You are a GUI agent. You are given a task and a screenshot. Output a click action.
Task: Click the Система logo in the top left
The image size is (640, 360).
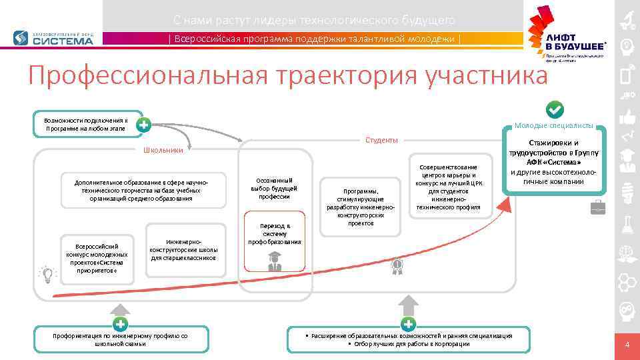(x=53, y=38)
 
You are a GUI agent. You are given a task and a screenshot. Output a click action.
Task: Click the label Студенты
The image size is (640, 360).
(x=381, y=140)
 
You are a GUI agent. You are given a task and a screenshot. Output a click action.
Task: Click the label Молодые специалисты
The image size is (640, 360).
(x=553, y=125)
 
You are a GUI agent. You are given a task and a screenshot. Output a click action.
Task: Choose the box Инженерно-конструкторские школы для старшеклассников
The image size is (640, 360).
(x=183, y=249)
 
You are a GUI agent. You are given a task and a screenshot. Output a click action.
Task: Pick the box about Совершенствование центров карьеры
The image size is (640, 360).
(x=447, y=187)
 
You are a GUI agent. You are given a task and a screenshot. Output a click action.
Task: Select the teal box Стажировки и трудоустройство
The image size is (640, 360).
(x=553, y=163)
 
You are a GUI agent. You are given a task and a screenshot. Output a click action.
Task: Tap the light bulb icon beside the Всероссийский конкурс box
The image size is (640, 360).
(x=47, y=273)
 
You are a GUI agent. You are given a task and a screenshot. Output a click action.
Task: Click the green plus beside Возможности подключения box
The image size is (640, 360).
(x=143, y=124)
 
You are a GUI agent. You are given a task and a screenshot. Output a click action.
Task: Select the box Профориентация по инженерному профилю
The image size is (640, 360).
(x=121, y=339)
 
